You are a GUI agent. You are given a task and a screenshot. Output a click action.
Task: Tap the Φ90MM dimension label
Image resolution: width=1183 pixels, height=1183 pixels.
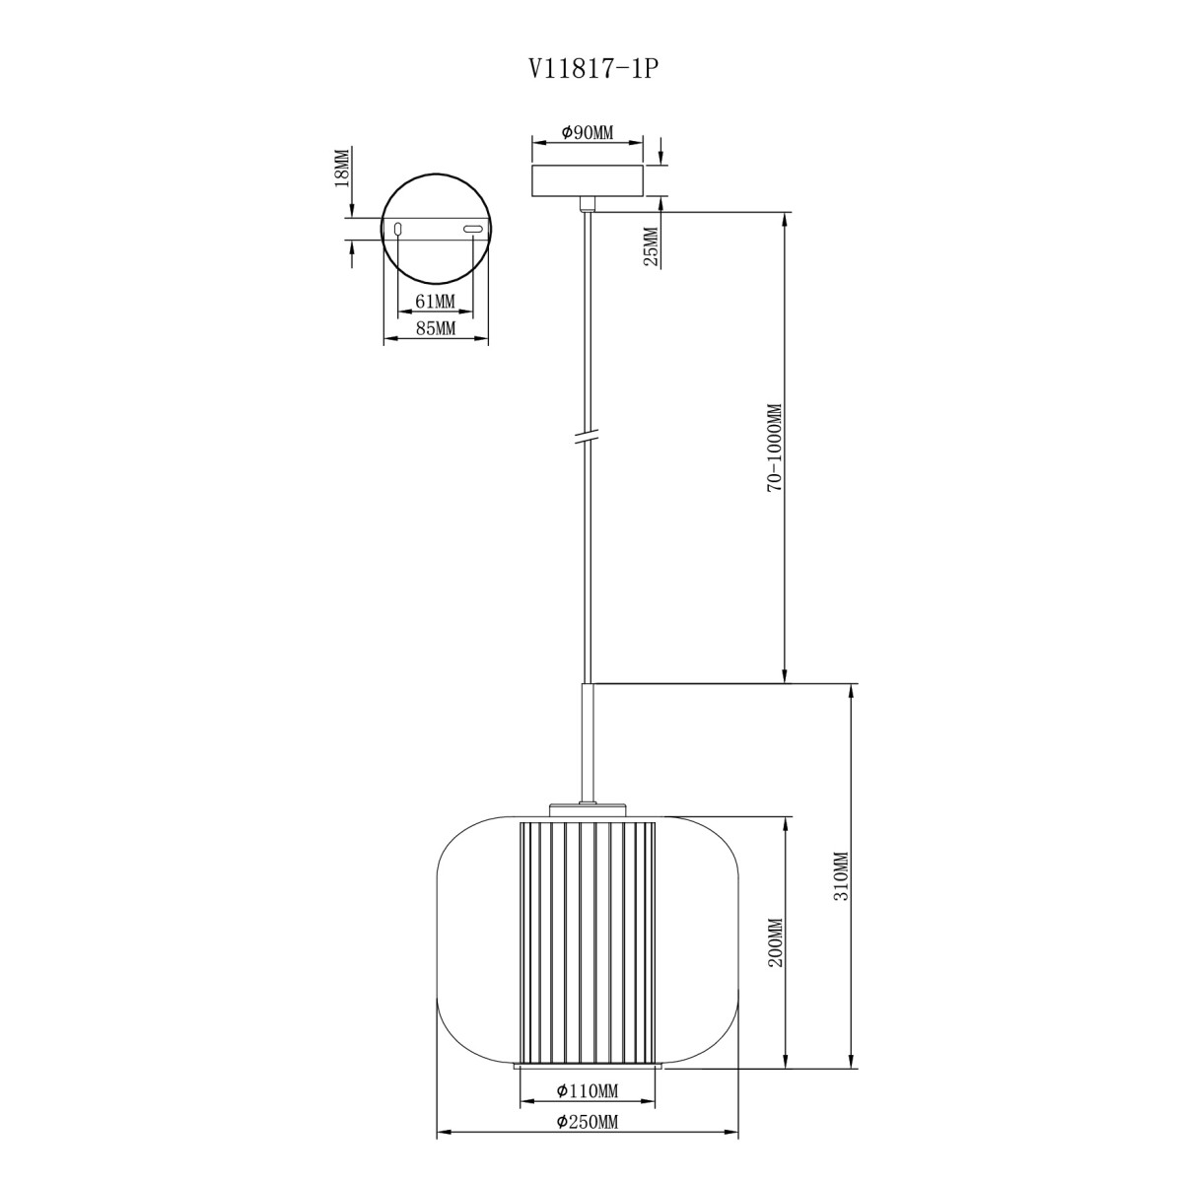pos(587,132)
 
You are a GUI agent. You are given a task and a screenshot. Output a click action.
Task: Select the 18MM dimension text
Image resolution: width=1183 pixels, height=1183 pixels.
pos(341,167)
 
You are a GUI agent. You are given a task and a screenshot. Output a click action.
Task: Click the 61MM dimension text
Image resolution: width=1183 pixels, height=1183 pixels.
pos(436,302)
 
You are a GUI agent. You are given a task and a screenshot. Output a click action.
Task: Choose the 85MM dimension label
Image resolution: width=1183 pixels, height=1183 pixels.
pos(436,329)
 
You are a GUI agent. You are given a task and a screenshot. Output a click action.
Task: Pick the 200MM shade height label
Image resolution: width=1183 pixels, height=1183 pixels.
pos(776,955)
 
